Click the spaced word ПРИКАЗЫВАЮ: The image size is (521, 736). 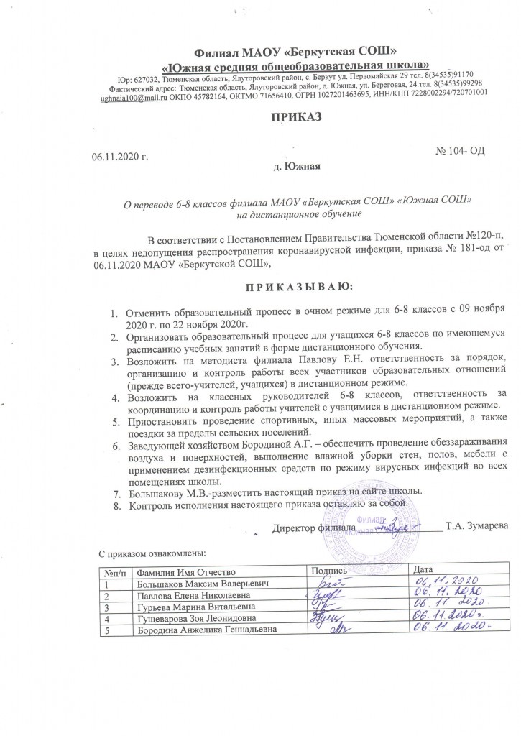click(x=296, y=287)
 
